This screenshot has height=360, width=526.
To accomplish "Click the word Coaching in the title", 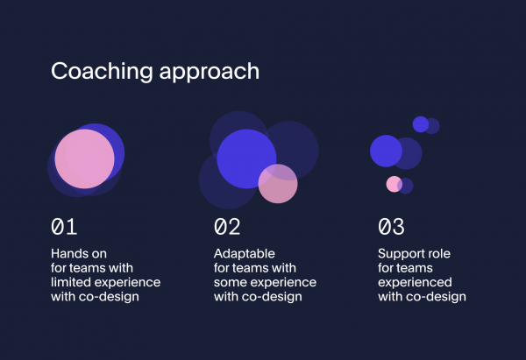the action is point(102,72).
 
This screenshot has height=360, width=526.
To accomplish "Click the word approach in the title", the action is point(210,72).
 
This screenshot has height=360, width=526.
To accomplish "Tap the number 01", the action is point(64,227).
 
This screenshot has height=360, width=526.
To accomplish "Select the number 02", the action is point(227,227).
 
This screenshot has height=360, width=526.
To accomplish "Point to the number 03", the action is point(391,227).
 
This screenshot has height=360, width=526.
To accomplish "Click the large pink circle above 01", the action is point(84,159).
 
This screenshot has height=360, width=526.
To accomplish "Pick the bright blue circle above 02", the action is point(246,159).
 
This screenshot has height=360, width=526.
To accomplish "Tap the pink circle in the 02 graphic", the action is point(278,184).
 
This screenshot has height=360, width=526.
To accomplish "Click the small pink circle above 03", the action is point(394,184).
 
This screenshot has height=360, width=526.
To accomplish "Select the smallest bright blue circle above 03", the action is point(421,124).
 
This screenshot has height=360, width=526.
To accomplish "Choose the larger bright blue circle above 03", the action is point(386,151).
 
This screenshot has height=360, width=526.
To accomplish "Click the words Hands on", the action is point(79,254).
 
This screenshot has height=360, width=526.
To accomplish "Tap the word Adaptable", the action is point(245,254).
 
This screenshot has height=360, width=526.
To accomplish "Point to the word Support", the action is point(400,254).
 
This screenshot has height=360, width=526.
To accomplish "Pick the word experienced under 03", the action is point(415,283).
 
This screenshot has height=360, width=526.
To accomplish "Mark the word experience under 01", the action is point(127,283).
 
